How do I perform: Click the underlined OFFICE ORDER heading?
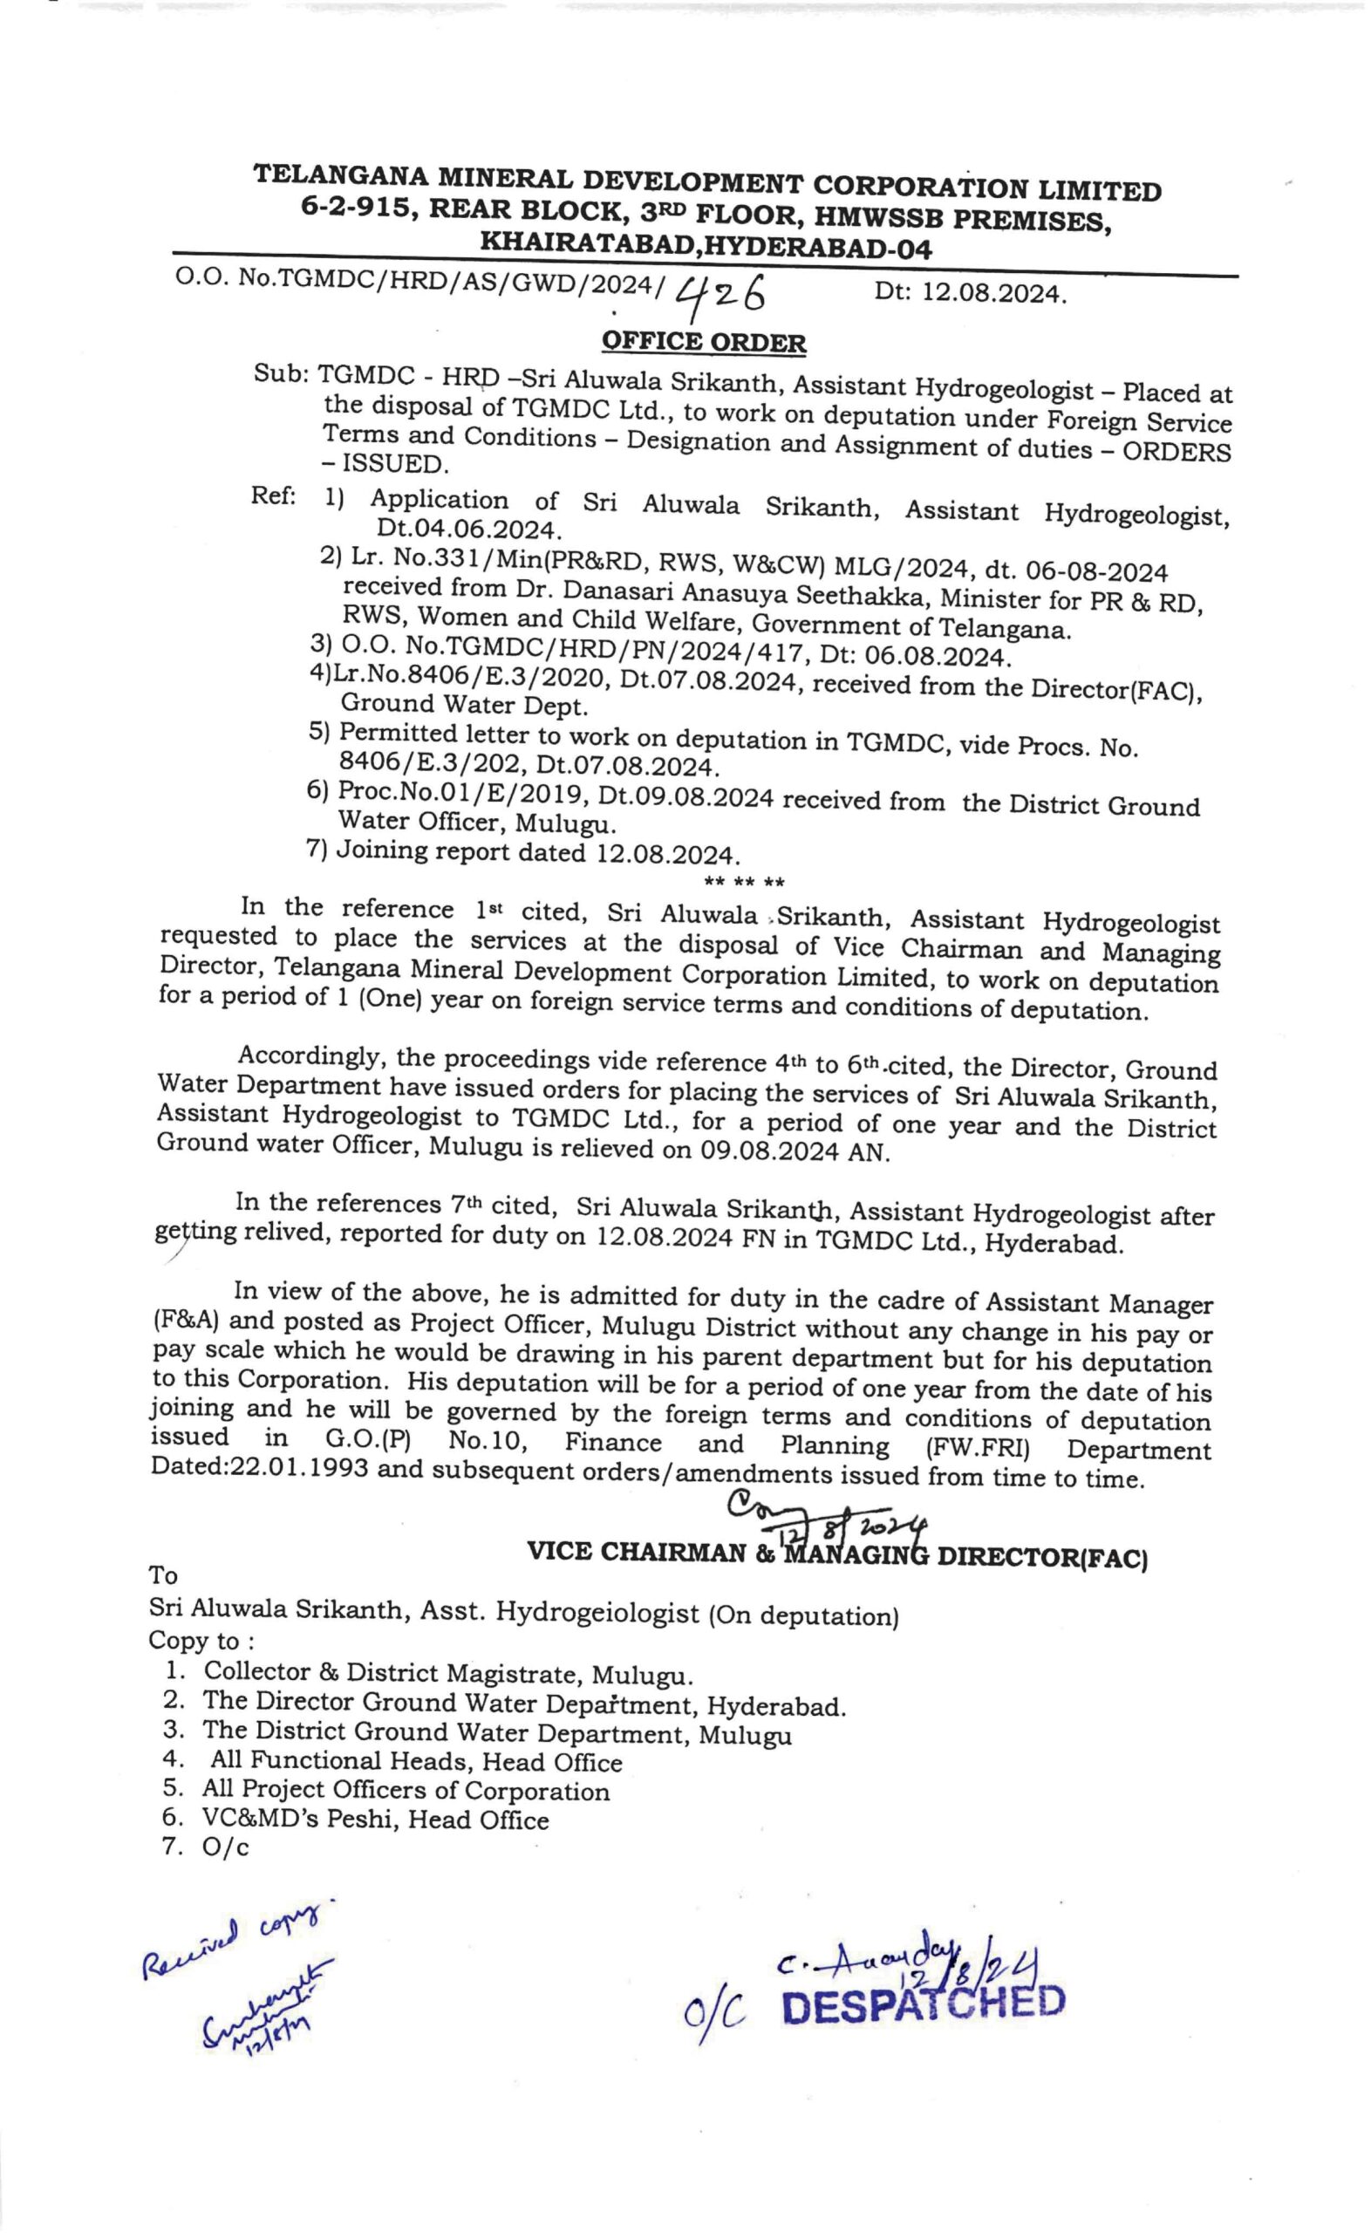coord(704,343)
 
